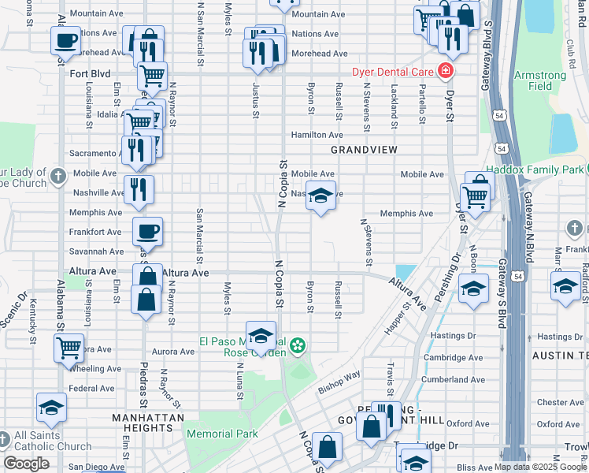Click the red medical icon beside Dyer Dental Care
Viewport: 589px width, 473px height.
pyautogui.click(x=446, y=71)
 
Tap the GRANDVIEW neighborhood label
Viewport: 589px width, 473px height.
pyautogui.click(x=364, y=149)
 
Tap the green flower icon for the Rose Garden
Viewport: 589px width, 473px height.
pyautogui.click(x=298, y=345)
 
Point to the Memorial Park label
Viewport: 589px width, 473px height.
pyautogui.click(x=222, y=434)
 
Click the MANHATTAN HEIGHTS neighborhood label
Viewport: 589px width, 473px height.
pyautogui.click(x=148, y=423)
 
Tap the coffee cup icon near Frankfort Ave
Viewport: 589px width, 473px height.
pyautogui.click(x=147, y=232)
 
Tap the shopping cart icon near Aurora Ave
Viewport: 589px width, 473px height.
pyautogui.click(x=69, y=347)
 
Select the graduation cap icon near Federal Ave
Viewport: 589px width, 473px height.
pyautogui.click(x=51, y=408)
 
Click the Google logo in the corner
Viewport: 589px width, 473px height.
pyautogui.click(x=26, y=464)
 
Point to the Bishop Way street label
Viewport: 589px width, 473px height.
pyautogui.click(x=339, y=382)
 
